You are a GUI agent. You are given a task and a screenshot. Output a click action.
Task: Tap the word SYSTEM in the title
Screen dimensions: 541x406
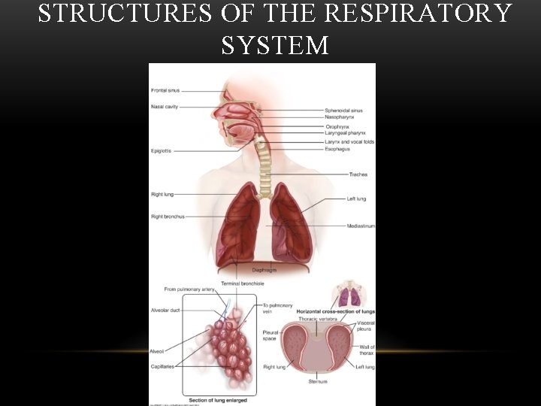275,46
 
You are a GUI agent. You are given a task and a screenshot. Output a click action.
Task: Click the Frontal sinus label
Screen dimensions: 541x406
165,91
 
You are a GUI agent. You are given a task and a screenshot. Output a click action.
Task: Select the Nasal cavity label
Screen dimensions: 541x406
164,107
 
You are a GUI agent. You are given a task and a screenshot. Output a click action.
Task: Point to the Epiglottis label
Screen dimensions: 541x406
161,151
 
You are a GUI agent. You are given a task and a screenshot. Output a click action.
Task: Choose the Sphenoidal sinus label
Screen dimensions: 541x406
343,111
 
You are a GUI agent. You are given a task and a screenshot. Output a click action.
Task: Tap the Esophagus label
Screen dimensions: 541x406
337,149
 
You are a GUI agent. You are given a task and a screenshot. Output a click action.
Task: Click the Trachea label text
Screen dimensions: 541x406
358,174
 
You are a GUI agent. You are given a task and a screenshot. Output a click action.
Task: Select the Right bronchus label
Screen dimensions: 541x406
167,217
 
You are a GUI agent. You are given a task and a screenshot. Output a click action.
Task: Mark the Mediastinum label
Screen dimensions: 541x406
361,226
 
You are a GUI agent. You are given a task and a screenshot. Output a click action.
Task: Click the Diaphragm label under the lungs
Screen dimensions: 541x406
264,269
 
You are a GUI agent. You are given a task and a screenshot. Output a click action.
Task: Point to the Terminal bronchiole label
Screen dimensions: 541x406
242,283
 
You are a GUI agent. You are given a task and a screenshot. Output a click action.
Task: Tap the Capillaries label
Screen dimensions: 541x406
162,367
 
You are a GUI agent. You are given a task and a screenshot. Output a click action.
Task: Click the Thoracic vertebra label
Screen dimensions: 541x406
317,319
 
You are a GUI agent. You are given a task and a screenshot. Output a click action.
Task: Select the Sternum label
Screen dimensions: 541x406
318,381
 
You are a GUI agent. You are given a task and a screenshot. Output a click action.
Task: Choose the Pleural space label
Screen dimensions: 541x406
270,334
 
